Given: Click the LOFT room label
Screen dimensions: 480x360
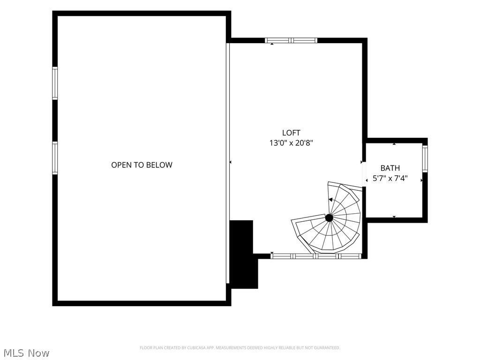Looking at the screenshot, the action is coord(291,133).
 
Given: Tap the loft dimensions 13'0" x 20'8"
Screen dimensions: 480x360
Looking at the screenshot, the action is coord(291,143).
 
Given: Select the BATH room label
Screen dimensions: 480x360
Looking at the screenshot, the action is coord(390,168).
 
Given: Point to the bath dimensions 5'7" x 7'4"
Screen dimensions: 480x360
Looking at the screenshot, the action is coord(390,178).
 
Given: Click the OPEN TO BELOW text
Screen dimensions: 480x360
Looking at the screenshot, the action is coord(142,165).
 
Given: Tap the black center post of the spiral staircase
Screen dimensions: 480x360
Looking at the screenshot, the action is coord(329,217).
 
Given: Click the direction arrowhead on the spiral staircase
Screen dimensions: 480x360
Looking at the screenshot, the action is coord(330,200).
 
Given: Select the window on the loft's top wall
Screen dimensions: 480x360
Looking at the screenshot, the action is coord(291,40).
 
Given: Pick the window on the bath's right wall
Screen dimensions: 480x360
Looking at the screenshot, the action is coord(425,159).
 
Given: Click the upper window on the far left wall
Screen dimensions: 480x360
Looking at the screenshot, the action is coord(55,83).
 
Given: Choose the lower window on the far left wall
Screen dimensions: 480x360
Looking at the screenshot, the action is coord(55,158).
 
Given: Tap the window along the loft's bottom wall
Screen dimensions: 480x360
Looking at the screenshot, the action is coord(316,256).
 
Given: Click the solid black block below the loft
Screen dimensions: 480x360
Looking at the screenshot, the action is coord(244,255).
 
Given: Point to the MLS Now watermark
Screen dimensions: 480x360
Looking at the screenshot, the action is coord(25,353).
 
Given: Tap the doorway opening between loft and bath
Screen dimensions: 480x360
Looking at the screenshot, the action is coord(364,174).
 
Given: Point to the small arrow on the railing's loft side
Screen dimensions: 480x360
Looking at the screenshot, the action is coord(231,162).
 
